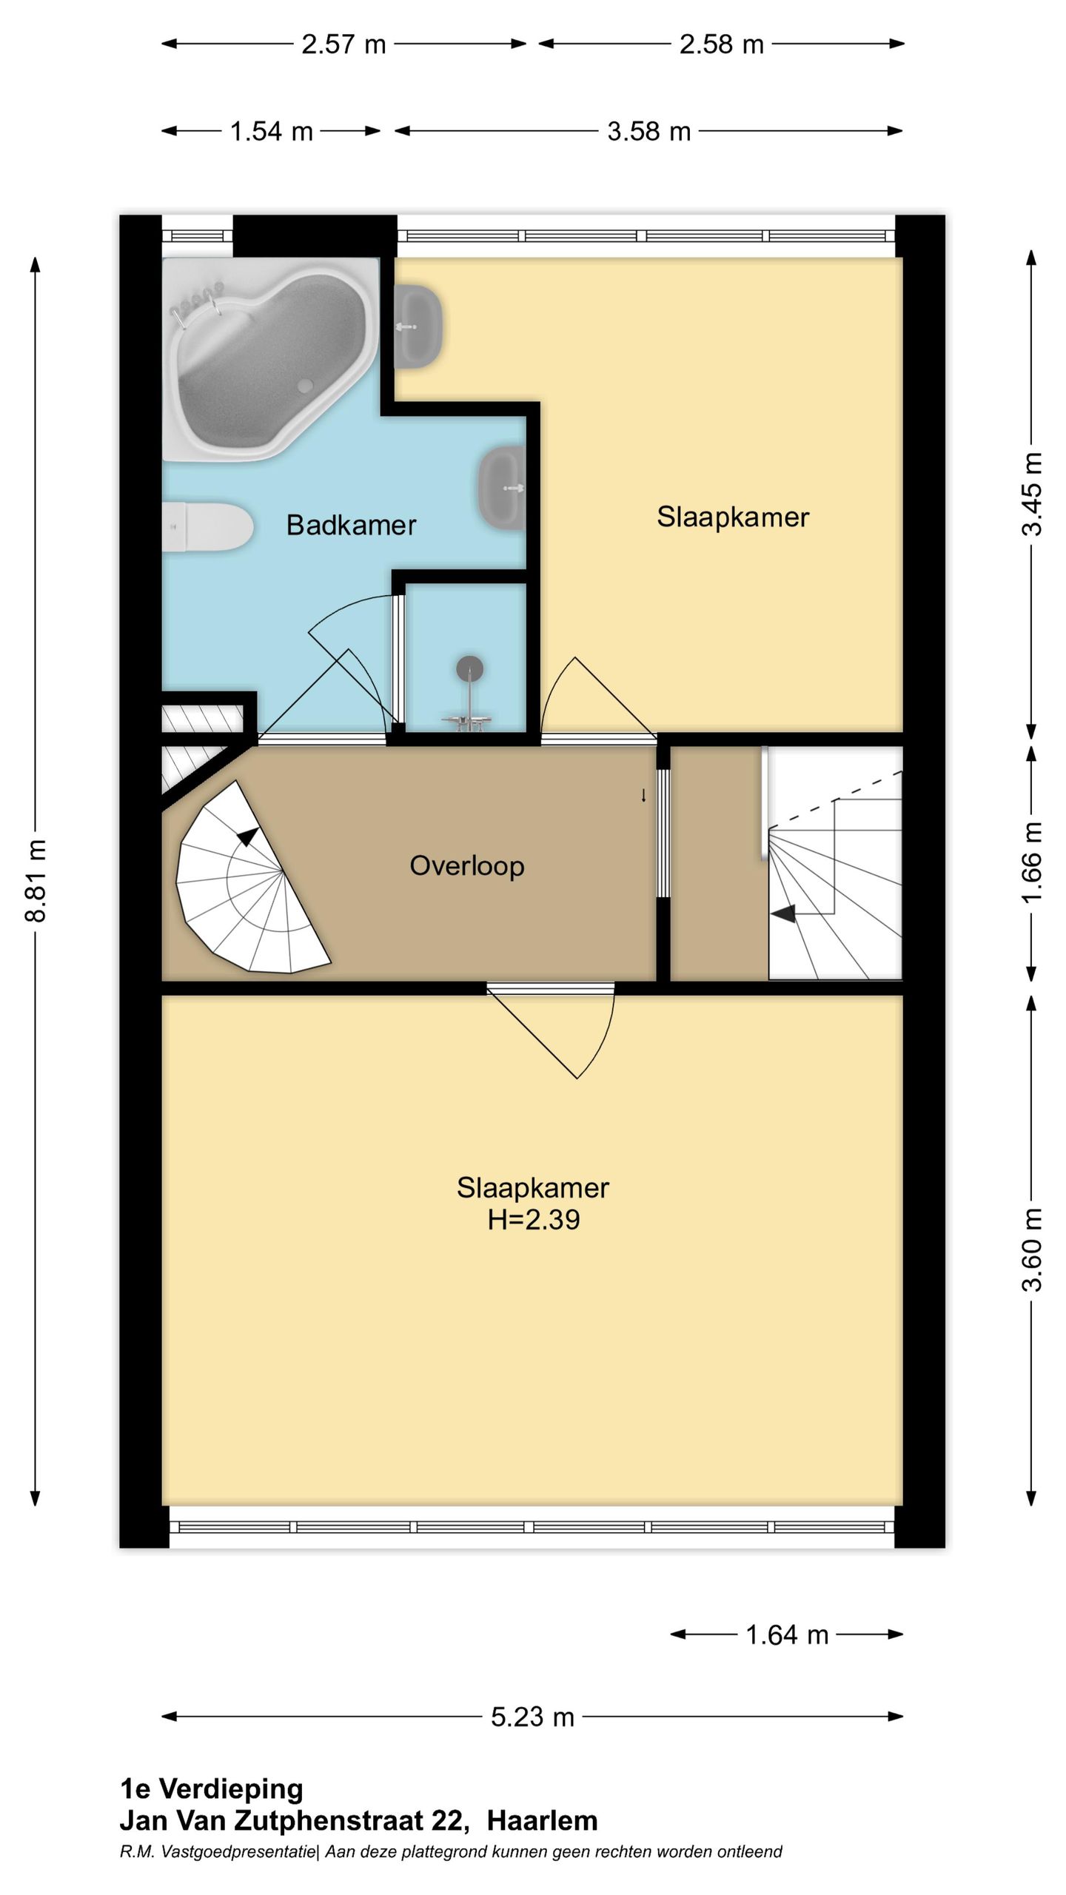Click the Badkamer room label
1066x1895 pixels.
click(351, 525)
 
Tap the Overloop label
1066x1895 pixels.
click(467, 865)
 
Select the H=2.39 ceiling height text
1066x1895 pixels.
click(533, 1219)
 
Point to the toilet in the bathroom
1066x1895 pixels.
click(208, 527)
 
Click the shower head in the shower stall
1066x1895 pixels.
click(469, 668)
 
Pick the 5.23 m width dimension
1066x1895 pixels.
click(533, 1716)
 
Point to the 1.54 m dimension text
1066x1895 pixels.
click(272, 132)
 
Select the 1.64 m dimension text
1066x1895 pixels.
click(787, 1634)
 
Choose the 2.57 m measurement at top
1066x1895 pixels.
click(343, 44)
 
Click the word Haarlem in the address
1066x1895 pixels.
click(542, 1820)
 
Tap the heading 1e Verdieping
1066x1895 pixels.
click(212, 1788)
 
